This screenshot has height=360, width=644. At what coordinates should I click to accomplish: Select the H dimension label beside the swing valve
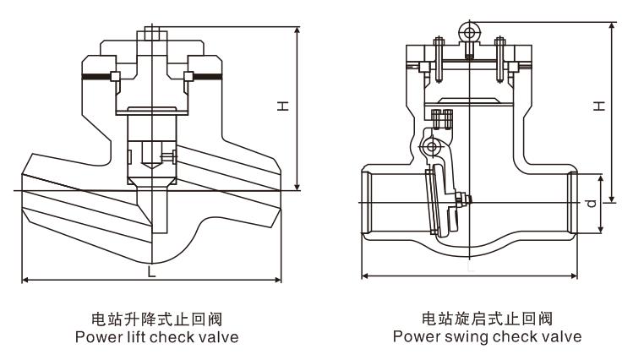click(598, 106)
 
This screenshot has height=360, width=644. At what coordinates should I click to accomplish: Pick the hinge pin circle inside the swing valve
click(433, 148)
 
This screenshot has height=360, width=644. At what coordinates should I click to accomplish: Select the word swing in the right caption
click(461, 336)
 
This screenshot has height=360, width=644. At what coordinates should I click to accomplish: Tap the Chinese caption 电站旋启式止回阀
click(487, 319)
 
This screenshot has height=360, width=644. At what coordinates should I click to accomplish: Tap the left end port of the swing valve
click(368, 204)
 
